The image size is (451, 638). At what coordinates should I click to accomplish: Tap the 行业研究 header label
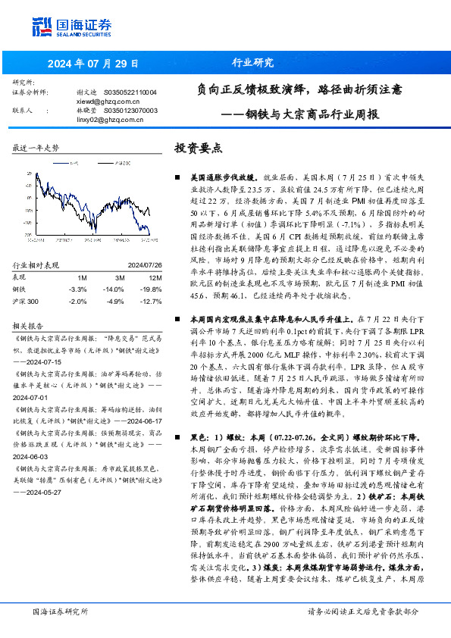point(252,63)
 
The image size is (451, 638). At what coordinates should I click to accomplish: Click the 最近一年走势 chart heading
point(36,148)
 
